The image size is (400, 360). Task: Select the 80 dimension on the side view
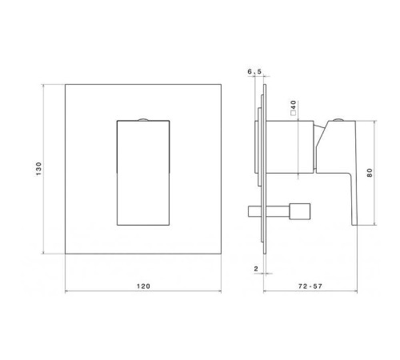(x=370, y=173)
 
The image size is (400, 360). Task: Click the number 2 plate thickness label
(x=255, y=270)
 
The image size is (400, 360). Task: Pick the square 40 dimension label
(x=295, y=106)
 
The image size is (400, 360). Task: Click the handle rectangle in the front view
(x=144, y=172)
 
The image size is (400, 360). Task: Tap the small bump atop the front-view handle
(x=144, y=120)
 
